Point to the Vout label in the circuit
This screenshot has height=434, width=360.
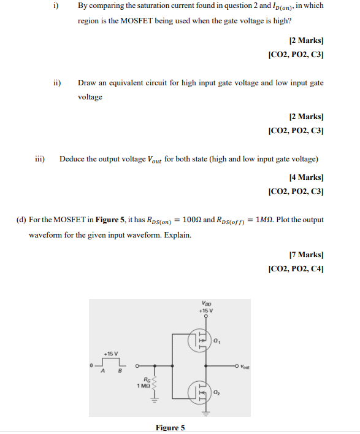click(x=245, y=367)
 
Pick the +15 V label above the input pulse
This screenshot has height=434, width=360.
click(x=110, y=354)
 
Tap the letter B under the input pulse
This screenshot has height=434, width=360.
click(x=120, y=371)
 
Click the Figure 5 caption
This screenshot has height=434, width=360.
click(x=170, y=428)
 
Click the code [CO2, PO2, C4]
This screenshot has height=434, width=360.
click(x=296, y=268)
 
